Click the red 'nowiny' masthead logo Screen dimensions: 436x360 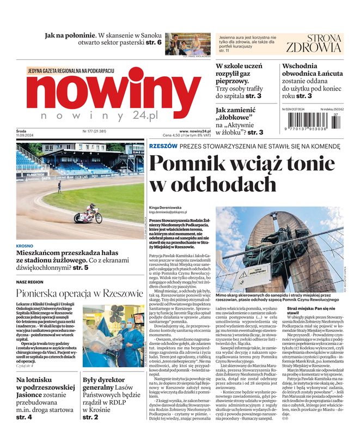(103, 91)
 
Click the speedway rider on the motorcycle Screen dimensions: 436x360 (88, 214)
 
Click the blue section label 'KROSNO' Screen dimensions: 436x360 (25, 246)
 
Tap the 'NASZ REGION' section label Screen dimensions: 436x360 (30, 281)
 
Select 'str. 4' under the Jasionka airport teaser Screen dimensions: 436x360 (25, 417)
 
